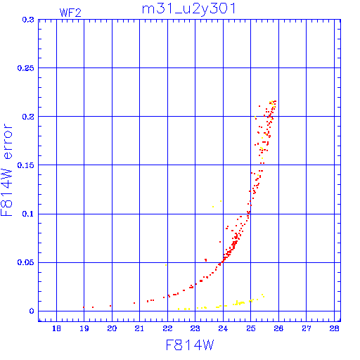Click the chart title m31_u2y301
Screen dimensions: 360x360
tap(188, 9)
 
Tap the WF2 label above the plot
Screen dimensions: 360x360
tap(70, 13)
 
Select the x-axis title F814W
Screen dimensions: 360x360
tap(190, 345)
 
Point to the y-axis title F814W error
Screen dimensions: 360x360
tap(7, 169)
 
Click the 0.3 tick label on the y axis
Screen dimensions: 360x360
tap(28, 20)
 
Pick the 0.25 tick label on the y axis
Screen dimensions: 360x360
tap(26, 68)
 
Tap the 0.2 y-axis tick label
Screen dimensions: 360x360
tap(28, 117)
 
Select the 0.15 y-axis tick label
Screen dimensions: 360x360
tap(26, 165)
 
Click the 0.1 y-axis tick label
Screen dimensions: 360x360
tap(28, 214)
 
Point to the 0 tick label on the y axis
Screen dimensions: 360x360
tap(32, 311)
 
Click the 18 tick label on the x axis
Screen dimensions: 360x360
tap(56, 328)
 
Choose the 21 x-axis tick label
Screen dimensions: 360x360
tap(139, 328)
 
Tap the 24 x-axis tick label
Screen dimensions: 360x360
tap(223, 328)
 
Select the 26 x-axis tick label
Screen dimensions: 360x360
tap(278, 328)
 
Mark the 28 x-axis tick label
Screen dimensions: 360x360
tap(334, 328)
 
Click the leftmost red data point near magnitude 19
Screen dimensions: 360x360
tap(84, 307)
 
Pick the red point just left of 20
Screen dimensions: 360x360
tap(110, 306)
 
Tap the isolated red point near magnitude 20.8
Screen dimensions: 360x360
tap(134, 303)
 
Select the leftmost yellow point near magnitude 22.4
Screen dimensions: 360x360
tap(179, 309)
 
